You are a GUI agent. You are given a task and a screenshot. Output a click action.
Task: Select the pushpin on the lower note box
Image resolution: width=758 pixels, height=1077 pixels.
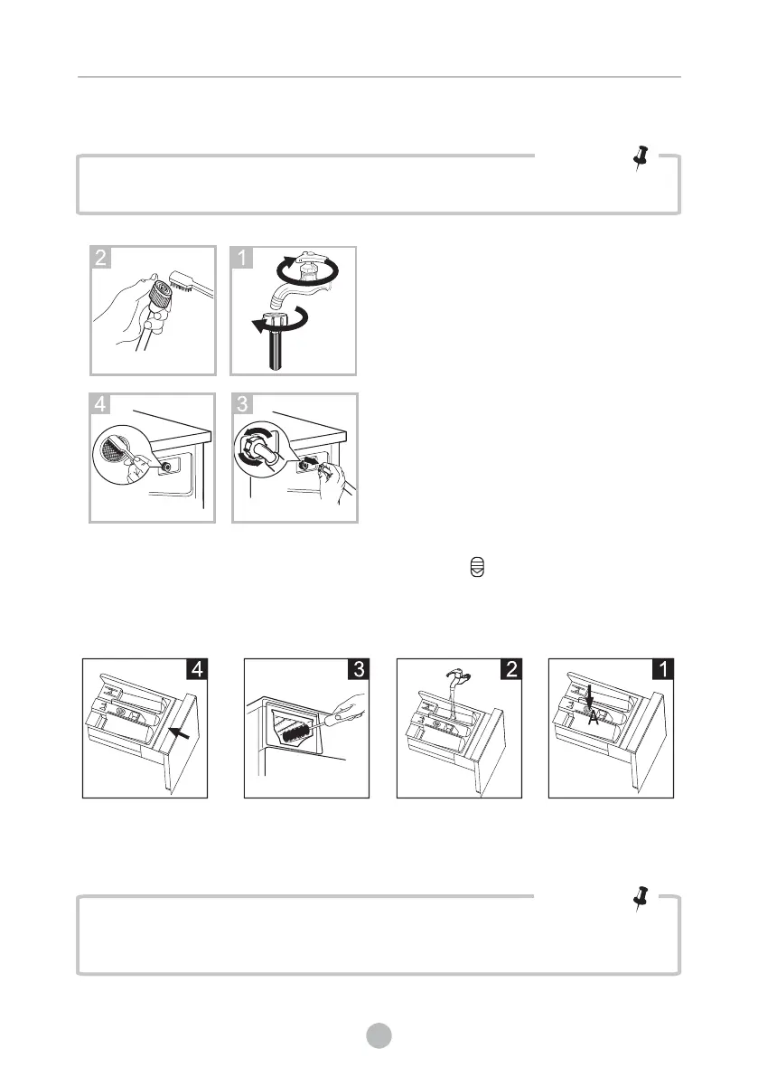641,900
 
